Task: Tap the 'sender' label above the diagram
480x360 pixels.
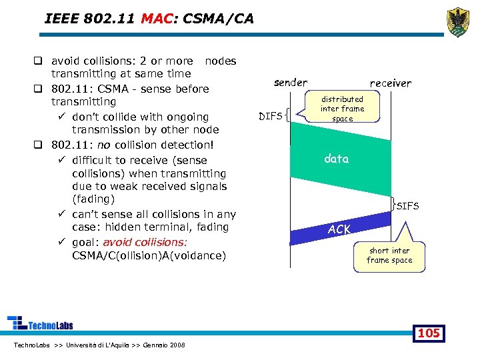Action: click(x=291, y=83)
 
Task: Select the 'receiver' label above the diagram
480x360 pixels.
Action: click(x=391, y=83)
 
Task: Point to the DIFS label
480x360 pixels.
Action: click(x=270, y=117)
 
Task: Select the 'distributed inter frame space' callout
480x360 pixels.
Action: click(x=342, y=109)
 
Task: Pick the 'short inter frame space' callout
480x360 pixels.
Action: click(x=389, y=256)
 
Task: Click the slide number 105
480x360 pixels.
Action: click(x=428, y=333)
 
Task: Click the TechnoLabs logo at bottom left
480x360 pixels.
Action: click(x=40, y=324)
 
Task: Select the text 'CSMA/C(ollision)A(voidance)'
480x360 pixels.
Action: click(x=149, y=255)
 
